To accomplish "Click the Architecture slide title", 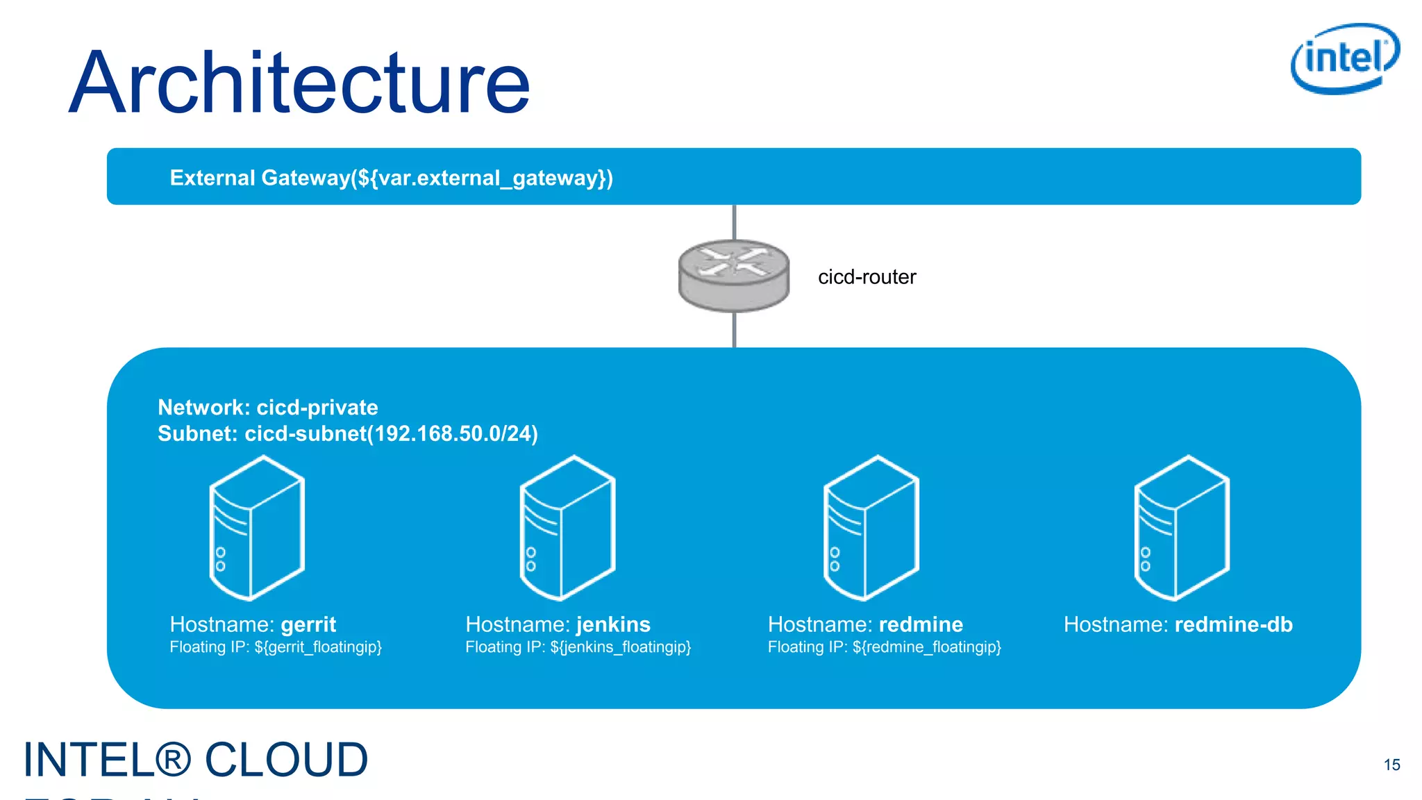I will tap(300, 83).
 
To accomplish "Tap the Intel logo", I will tap(1344, 58).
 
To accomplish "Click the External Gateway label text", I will tap(391, 178).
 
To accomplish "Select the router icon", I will tap(734, 276).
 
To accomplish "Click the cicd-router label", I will tap(867, 277).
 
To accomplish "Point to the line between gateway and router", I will tap(734, 222).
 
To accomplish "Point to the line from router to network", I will tap(734, 330).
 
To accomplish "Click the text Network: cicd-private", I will tap(268, 407).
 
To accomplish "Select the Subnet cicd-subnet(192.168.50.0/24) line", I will tap(347, 434).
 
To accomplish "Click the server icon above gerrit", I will tap(257, 528).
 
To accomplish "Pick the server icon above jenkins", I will tap(567, 528).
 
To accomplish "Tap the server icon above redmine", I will tap(871, 528).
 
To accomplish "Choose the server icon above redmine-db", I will tap(1182, 528).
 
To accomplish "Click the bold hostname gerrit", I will tap(308, 624).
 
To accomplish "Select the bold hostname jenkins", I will tap(613, 624).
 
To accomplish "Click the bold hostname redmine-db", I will tap(1233, 624).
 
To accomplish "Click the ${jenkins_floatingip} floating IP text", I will tap(620, 647).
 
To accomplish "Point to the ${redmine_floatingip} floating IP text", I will tap(926, 647).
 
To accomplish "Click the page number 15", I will tap(1391, 765).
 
